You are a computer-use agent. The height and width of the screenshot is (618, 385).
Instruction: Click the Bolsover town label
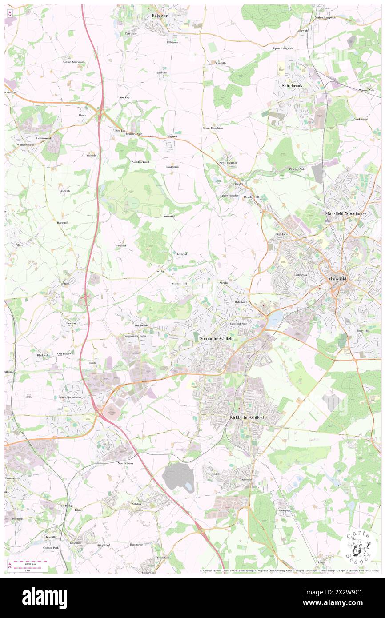(x=159, y=15)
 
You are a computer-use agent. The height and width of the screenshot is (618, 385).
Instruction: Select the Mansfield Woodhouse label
(x=346, y=213)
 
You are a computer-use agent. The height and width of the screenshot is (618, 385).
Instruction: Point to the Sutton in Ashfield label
(x=217, y=339)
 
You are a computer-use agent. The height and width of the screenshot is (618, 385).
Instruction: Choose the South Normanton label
(x=70, y=397)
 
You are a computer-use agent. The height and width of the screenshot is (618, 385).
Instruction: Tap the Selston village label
(x=136, y=504)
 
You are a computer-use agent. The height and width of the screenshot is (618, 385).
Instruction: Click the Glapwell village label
(x=172, y=136)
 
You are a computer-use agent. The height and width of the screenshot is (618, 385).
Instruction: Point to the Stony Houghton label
(x=213, y=128)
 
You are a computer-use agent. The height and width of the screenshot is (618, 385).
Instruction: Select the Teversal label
(x=180, y=254)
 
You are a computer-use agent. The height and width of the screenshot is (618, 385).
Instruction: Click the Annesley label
(x=246, y=480)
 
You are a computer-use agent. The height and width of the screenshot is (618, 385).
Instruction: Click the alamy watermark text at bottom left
(x=45, y=598)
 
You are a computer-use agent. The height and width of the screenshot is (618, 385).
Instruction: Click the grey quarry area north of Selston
(x=178, y=477)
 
